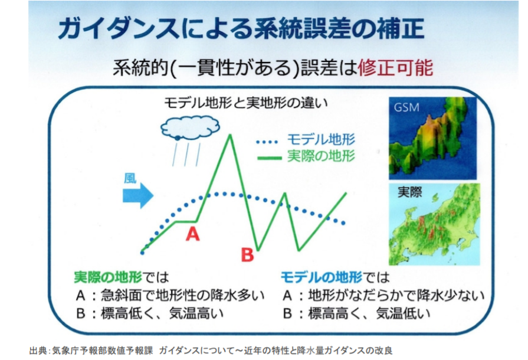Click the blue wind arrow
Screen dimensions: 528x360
(138, 196)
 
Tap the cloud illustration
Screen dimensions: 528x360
(190, 128)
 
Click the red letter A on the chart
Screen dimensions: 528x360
(192, 233)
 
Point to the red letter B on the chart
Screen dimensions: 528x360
(248, 254)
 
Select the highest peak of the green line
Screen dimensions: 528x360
(230, 135)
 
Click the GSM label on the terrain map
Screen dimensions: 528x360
(407, 107)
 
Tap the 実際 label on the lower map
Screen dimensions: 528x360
(410, 192)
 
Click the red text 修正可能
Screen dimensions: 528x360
(395, 68)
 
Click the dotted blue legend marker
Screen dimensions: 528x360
(267, 142)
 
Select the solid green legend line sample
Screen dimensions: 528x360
(269, 158)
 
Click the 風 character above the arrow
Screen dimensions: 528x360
(130, 178)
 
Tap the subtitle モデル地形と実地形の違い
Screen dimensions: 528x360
(246, 103)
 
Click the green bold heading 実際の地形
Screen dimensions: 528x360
(108, 277)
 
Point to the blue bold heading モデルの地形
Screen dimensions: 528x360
(322, 277)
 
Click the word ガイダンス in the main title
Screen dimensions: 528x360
(119, 28)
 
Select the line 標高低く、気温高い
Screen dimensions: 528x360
(162, 313)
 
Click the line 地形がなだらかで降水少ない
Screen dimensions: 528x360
(396, 295)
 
